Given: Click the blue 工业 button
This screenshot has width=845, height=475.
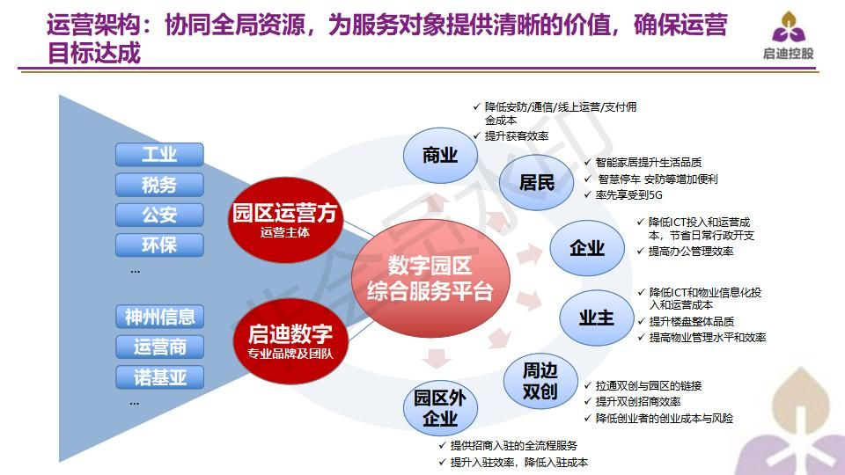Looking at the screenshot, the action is (159, 155).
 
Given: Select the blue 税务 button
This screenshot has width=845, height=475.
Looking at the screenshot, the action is (159, 185).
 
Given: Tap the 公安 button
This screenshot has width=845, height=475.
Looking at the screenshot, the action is (159, 215).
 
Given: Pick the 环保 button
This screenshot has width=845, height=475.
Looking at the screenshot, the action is (159, 245).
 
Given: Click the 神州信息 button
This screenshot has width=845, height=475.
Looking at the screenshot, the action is (159, 317).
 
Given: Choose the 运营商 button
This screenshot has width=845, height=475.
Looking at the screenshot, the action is (159, 347).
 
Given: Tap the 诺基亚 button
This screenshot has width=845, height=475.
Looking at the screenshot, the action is (159, 377).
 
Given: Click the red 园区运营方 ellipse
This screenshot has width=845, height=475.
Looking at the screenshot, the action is (285, 220).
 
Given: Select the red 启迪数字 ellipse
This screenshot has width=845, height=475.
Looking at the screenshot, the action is (290, 341).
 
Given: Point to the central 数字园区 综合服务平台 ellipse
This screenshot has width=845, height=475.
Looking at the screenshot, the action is (430, 279).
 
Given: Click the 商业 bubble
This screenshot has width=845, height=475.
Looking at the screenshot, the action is (440, 156).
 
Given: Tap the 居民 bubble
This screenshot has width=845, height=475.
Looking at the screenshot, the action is (536, 183).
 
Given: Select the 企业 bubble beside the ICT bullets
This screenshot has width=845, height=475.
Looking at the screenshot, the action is (587, 248).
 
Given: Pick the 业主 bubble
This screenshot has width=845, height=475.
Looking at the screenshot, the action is (597, 318).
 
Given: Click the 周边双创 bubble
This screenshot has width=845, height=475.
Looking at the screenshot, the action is (540, 381).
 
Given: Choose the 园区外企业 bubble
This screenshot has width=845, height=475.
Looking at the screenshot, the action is (440, 408).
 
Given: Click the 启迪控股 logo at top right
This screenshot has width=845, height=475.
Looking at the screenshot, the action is (788, 35).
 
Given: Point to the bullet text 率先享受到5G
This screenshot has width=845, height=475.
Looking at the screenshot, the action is (628, 195).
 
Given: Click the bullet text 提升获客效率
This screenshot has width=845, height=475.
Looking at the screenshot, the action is (517, 136).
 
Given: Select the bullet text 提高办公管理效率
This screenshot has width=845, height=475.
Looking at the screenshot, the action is (691, 252).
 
